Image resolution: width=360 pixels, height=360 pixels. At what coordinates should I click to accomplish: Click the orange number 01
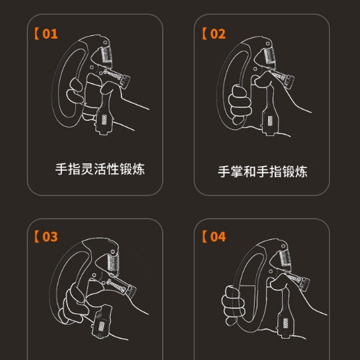50,34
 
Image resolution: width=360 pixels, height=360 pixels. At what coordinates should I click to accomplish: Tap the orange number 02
218,34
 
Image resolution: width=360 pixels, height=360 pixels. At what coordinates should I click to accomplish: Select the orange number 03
50,237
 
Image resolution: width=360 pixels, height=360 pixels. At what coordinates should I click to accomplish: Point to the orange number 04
218,237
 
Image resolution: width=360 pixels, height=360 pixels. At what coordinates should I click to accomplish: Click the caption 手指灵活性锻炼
100,169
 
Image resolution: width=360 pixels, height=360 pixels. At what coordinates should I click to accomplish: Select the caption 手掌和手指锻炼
263,171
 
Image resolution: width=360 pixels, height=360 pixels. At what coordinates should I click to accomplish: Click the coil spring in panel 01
107,54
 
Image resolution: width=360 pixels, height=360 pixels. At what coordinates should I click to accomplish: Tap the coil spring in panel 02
269,56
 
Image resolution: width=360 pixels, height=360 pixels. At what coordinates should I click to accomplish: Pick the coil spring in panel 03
113,262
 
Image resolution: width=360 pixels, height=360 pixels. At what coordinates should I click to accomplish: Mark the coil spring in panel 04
285,258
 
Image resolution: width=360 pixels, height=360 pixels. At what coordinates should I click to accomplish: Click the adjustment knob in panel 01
125,81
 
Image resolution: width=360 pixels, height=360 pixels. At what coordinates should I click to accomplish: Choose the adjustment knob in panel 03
132,291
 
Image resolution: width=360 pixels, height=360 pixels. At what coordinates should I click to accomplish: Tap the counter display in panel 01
104,119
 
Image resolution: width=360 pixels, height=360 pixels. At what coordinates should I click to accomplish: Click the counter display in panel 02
270,121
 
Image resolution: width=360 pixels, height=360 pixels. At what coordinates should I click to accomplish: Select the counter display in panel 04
285,323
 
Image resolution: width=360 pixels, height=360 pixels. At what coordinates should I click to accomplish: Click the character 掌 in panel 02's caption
237,171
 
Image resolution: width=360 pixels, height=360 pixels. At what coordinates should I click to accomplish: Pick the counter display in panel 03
101,327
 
